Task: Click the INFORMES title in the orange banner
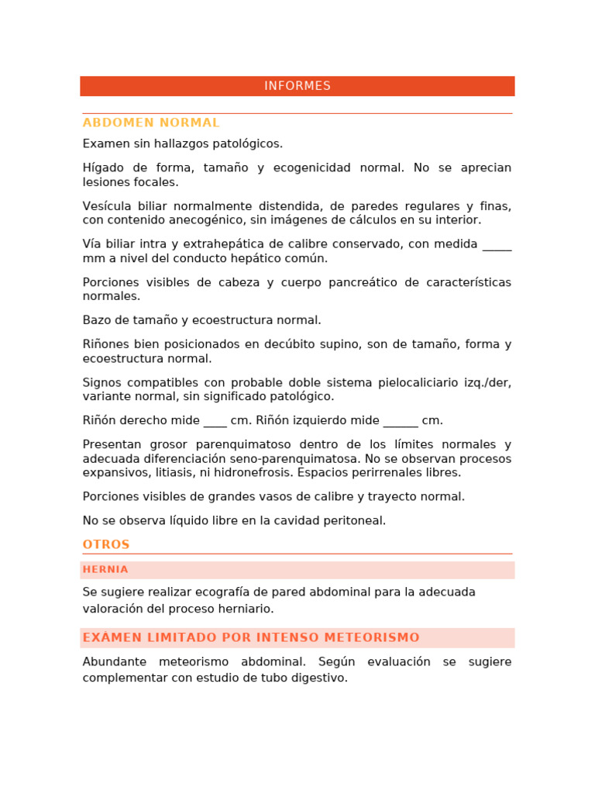297,86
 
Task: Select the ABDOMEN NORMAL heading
151,123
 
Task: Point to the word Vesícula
106,206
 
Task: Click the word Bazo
96,320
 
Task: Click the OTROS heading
106,544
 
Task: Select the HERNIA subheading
105,569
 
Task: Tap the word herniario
248,609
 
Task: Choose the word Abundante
114,661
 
